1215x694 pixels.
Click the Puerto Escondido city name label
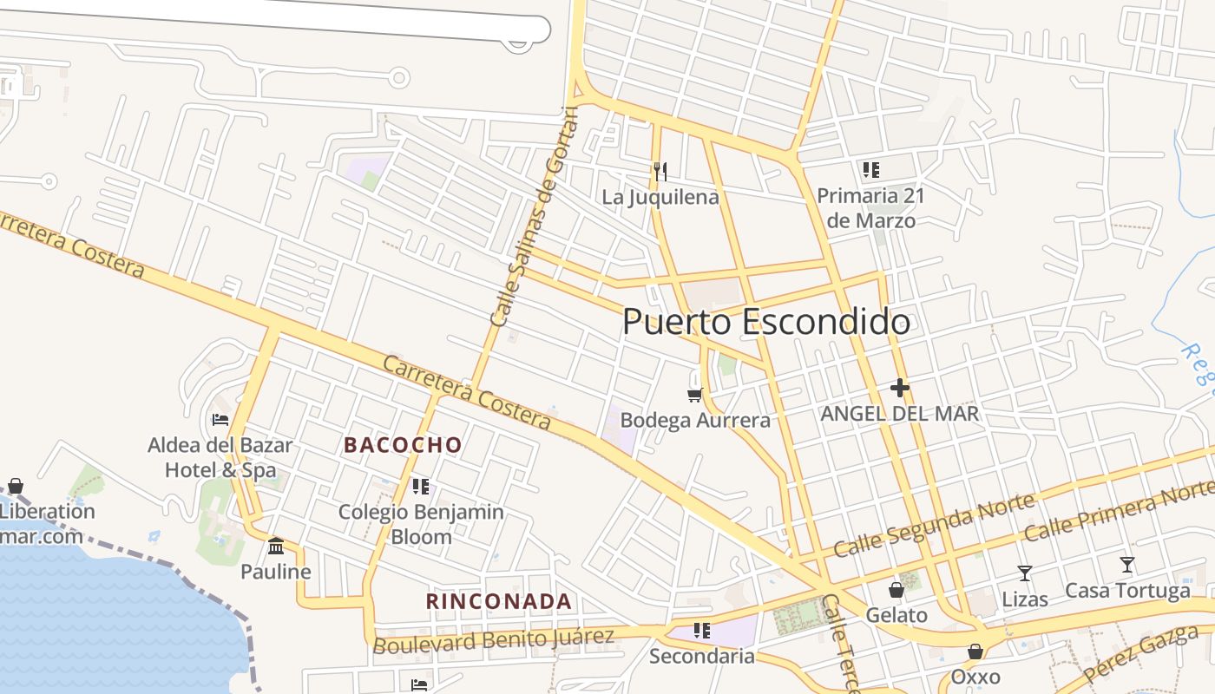click(x=766, y=322)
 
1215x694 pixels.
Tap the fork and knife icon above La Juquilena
click(x=660, y=171)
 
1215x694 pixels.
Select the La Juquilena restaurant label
click(x=660, y=198)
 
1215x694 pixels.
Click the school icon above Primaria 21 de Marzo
click(x=870, y=170)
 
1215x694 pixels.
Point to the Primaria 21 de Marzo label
click(x=870, y=208)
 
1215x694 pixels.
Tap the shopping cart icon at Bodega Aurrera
click(x=694, y=395)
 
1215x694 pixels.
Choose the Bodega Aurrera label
click(x=695, y=421)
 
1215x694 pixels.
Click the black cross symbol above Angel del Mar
click(x=899, y=388)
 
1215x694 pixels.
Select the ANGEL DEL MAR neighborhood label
click(x=900, y=414)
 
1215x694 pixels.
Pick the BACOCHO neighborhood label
click(x=403, y=445)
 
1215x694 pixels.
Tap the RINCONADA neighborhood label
click(x=499, y=601)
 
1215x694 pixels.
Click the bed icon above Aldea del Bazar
click(x=220, y=420)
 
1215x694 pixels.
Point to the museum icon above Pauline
click(x=276, y=546)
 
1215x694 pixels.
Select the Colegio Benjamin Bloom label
click(x=421, y=524)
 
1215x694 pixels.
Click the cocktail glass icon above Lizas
click(x=1025, y=573)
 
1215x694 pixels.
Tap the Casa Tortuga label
click(x=1127, y=592)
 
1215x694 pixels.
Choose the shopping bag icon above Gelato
click(x=896, y=590)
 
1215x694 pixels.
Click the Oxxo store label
click(x=975, y=677)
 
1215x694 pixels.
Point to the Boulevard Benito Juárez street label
click(x=493, y=640)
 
